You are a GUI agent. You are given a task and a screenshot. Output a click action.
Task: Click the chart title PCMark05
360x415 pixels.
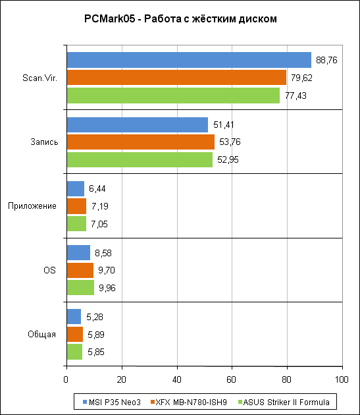pos(180,19)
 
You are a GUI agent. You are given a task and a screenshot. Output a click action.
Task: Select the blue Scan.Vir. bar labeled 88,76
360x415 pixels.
pos(189,60)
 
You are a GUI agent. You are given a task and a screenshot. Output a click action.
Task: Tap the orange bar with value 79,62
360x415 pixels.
pos(176,77)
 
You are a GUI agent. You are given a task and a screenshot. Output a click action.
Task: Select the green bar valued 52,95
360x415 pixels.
pos(140,159)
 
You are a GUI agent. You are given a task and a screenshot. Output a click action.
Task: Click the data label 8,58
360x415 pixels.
pos(103,253)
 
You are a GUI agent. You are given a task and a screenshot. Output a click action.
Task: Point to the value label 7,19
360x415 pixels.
pos(100,206)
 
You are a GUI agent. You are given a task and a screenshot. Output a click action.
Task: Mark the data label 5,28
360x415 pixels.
pos(95,317)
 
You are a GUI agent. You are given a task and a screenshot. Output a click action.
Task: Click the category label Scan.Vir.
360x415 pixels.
pos(39,78)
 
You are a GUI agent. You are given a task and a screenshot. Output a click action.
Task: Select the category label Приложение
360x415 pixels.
pos(32,206)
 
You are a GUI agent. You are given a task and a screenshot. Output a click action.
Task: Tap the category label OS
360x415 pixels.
pos(50,270)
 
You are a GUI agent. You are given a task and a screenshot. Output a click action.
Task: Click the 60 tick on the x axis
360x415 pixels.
pos(231,379)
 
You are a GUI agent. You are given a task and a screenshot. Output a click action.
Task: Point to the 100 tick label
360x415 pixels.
pos(342,379)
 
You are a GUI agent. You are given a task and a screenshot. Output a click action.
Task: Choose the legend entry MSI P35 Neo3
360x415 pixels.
pos(112,402)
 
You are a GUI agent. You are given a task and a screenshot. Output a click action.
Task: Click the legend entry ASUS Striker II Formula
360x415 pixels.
pos(284,402)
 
